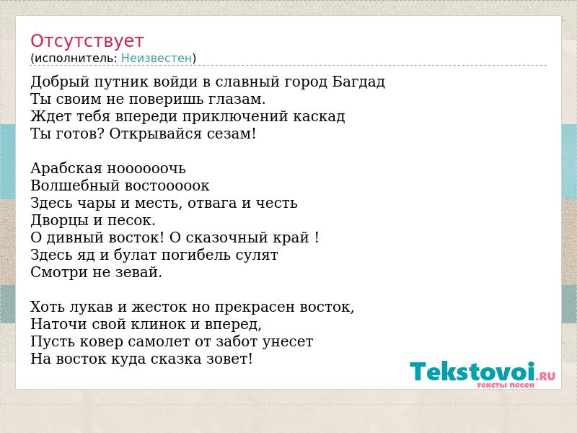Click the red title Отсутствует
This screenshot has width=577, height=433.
(87, 41)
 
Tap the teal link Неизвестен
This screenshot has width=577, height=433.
(157, 58)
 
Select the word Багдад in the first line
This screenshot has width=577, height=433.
(358, 82)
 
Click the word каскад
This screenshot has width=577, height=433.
(319, 116)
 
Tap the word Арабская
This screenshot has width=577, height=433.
(66, 169)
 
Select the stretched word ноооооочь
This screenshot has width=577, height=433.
(146, 169)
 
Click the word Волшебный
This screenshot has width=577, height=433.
(76, 185)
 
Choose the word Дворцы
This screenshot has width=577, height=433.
(59, 220)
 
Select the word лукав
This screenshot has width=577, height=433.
(92, 307)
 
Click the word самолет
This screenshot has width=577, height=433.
(159, 341)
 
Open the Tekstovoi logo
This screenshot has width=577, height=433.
(483, 372)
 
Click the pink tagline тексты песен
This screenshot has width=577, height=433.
(506, 385)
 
